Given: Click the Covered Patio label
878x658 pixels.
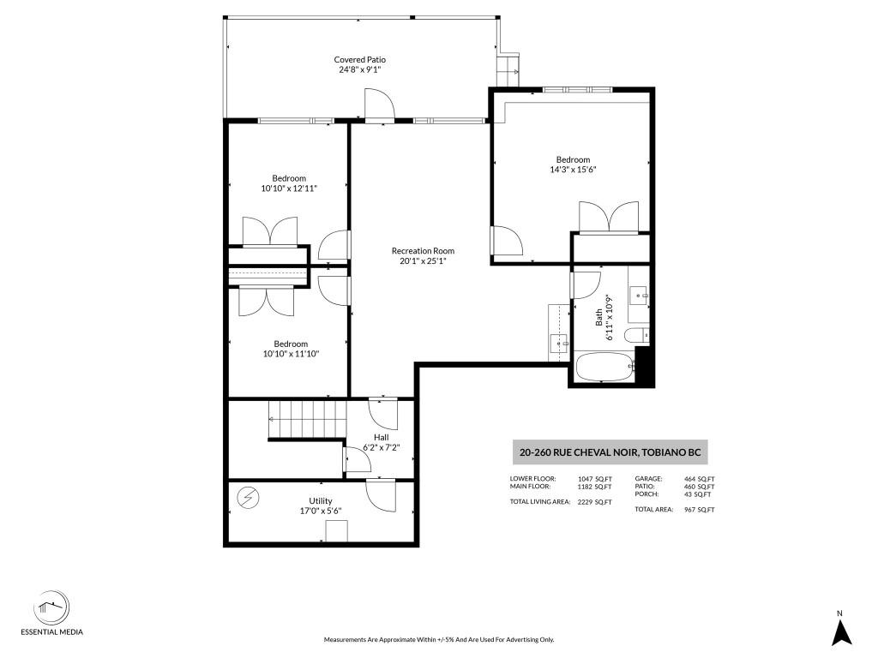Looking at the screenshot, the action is [359, 60].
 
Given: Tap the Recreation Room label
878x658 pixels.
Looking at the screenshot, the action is [423, 251].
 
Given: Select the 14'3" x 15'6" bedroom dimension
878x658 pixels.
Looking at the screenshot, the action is [573, 170].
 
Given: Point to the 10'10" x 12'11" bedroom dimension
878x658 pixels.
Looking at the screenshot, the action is [289, 188].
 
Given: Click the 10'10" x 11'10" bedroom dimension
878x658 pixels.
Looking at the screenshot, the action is [291, 354].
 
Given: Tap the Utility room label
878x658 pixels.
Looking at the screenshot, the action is [321, 500].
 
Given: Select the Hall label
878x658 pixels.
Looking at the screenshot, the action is [382, 437].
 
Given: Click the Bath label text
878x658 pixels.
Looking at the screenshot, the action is [598, 317].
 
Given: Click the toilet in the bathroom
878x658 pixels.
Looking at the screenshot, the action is [636, 335].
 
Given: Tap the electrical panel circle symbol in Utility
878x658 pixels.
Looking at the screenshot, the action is [248, 498].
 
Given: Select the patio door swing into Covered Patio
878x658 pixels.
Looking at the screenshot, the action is [380, 104].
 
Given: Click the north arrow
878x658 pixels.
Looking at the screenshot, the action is [841, 630].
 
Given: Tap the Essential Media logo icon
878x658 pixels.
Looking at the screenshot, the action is [51, 608].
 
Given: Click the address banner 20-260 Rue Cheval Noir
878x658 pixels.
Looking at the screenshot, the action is [610, 452].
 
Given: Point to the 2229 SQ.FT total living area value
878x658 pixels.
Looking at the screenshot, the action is [595, 502].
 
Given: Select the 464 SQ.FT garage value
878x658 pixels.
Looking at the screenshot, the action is [700, 479].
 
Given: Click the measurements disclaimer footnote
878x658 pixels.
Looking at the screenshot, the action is [439, 639].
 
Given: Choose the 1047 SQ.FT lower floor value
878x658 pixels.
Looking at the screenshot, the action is [595, 479].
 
